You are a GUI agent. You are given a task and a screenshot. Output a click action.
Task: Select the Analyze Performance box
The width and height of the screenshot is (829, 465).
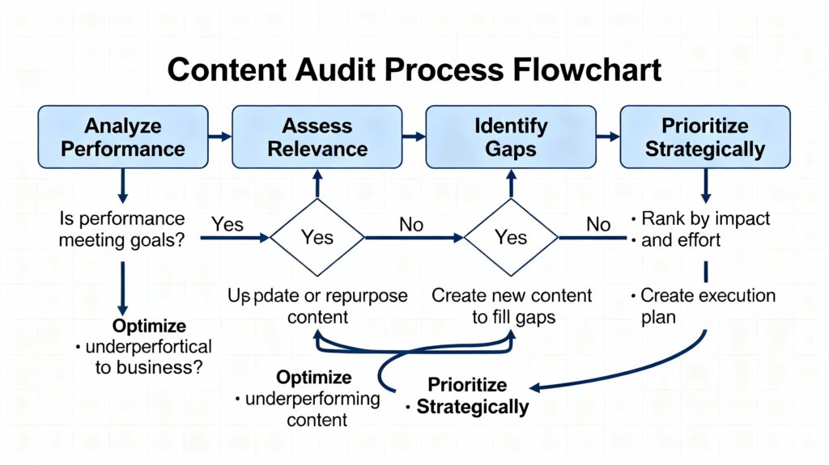coord(124,137)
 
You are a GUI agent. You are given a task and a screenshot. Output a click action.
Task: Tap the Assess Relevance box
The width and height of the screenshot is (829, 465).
coord(317,137)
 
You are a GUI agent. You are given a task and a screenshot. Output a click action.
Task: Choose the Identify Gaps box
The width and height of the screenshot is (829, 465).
coord(511,137)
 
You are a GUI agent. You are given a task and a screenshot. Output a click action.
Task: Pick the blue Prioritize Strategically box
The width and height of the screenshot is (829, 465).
coord(704,137)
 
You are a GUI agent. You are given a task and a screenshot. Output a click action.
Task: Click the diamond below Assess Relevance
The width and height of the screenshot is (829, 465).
coord(317,237)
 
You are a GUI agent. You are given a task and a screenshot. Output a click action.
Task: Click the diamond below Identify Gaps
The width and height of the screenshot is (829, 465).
coord(511,237)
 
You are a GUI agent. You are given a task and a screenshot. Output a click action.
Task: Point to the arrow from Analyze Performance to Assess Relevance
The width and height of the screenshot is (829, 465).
coord(220,137)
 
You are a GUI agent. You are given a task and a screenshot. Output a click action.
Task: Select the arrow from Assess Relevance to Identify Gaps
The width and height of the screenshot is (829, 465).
coord(414,137)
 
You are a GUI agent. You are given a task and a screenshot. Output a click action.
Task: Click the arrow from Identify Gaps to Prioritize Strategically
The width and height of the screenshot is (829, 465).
coord(607,137)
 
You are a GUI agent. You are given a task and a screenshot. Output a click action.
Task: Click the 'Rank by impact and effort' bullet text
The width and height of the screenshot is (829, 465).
coord(704,229)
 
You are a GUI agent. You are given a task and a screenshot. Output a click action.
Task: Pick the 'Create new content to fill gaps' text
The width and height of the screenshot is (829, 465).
coord(512,306)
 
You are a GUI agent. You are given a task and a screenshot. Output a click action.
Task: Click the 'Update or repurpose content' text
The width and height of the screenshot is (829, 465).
coord(317,306)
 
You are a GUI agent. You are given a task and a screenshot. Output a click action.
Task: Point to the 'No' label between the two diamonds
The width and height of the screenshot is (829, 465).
coord(411,225)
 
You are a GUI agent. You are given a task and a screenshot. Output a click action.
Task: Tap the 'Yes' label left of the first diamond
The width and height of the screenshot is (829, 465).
coord(227,224)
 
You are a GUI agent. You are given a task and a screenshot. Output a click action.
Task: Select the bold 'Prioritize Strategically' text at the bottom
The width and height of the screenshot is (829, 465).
coord(473,395)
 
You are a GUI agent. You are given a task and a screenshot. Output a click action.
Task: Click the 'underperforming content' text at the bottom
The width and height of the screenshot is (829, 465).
coord(307,408)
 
